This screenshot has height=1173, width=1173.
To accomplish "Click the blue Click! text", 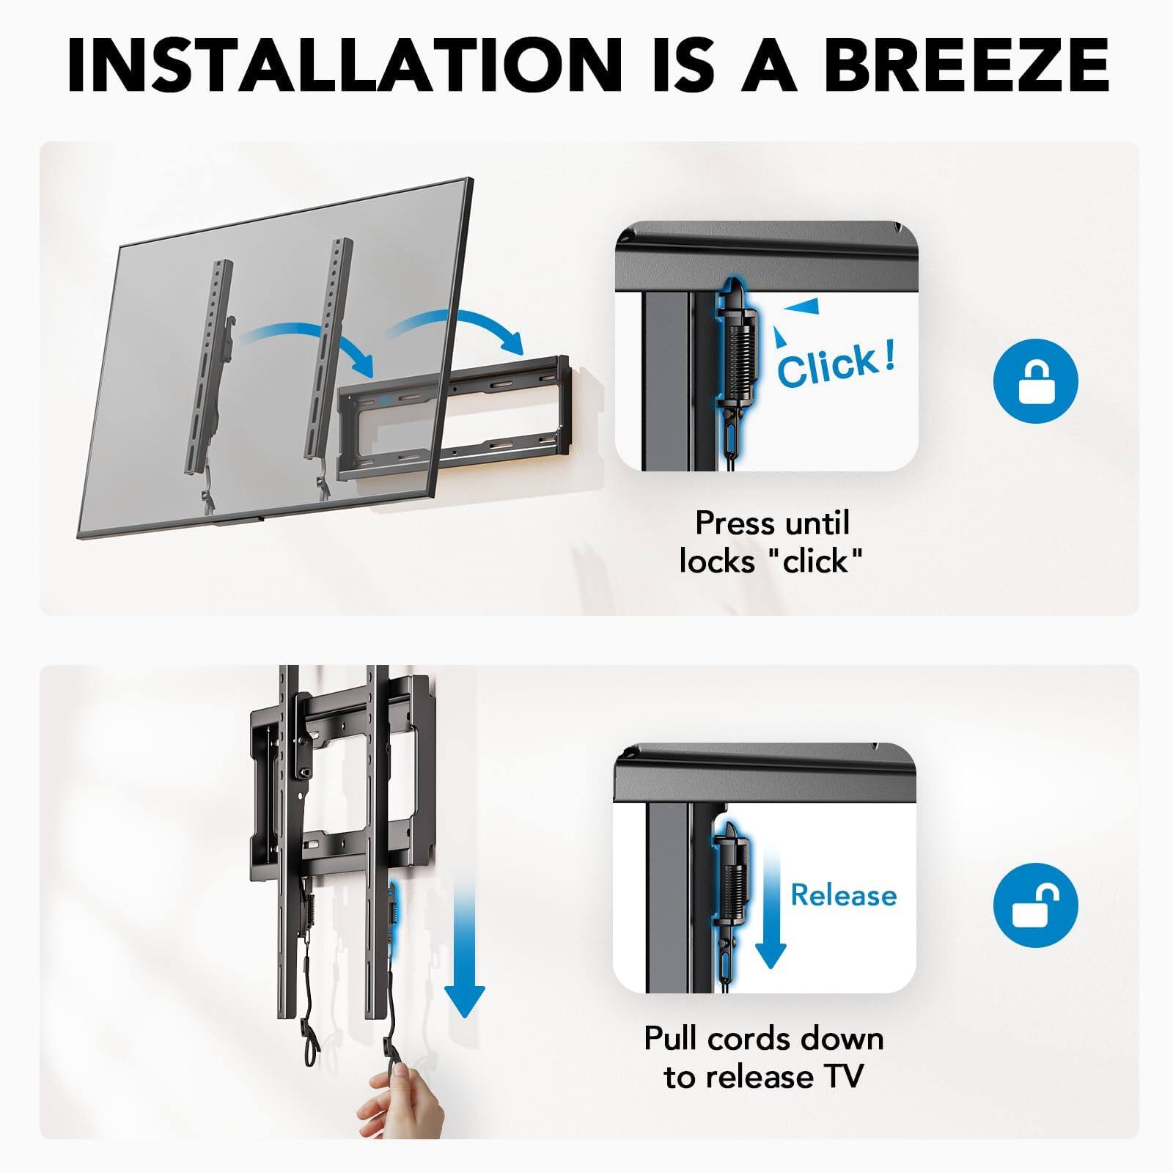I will coord(836,364).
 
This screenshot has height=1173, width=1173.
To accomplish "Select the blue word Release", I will coord(843,895).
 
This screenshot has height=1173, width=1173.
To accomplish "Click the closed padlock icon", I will coord(1035,381).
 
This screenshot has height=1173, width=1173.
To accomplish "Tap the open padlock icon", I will coord(1035,905).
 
